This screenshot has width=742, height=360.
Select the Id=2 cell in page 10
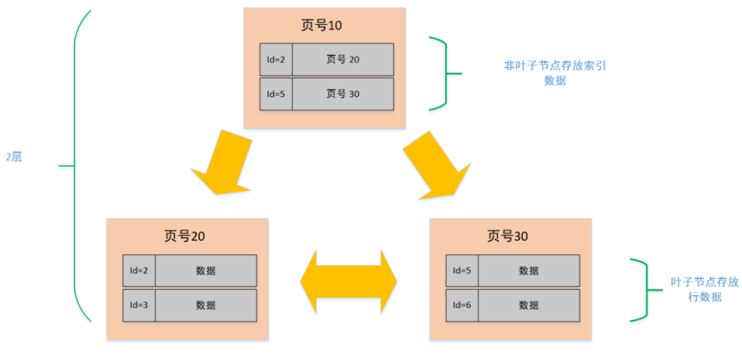click(276, 60)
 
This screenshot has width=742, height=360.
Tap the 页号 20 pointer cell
click(342, 60)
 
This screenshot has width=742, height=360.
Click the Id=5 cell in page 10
click(276, 94)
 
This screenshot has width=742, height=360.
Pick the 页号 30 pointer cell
click(342, 94)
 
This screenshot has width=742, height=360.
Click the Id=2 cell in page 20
click(139, 271)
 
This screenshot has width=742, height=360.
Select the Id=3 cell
click(139, 305)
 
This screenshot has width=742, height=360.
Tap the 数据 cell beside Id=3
click(205, 305)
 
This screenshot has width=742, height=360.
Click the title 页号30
click(508, 236)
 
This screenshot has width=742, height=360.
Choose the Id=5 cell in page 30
click(462, 271)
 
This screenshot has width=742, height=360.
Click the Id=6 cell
click(462, 305)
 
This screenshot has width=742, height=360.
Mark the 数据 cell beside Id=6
click(528, 305)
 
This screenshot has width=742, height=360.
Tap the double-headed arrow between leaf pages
click(348, 282)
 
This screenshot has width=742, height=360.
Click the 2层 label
click(14, 157)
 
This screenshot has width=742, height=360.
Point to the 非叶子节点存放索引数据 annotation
click(554, 73)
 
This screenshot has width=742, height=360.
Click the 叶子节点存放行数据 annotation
click(704, 289)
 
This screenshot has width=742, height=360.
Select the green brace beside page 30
click(642, 290)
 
